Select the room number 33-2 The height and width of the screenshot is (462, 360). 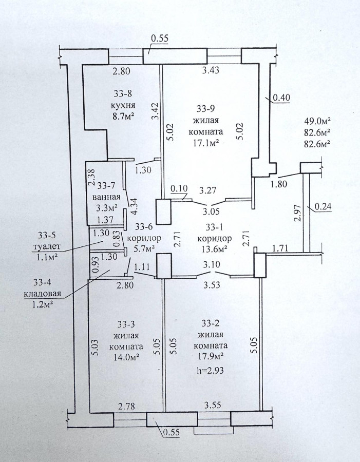209,324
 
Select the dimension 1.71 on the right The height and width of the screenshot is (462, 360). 280,248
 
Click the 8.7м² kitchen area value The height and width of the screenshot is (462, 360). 123,116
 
